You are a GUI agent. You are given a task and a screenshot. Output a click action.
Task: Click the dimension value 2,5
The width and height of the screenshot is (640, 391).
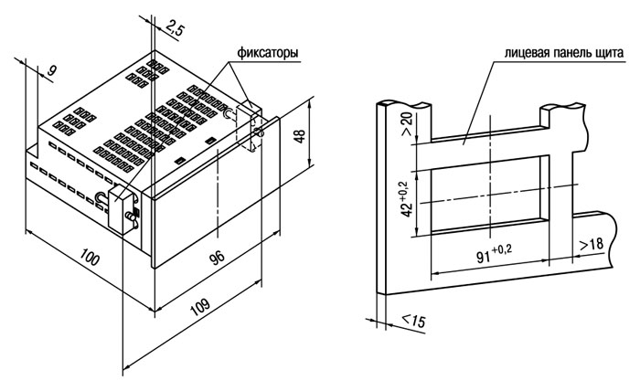(176, 30)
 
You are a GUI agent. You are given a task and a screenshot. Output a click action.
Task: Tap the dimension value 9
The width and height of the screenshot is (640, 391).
(51, 70)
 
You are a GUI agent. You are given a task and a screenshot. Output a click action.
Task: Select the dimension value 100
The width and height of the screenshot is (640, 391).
(90, 257)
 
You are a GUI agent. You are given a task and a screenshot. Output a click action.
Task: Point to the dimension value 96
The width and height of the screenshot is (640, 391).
(218, 258)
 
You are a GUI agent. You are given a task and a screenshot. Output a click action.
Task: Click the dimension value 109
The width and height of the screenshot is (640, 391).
(200, 307)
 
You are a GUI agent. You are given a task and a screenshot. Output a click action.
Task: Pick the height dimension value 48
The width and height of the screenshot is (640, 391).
(300, 136)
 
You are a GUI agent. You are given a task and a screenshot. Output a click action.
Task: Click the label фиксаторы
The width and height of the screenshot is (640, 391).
(268, 53)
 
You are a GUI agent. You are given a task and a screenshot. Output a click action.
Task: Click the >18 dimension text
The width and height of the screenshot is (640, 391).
(591, 244)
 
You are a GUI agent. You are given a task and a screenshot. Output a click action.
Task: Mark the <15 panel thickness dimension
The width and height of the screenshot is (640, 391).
(413, 321)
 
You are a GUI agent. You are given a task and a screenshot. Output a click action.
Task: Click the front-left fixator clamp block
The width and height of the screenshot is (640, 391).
(121, 209)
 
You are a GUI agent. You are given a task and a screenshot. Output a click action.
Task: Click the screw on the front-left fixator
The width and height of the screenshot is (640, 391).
(130, 217)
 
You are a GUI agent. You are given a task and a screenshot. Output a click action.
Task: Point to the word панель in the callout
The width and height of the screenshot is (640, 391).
(571, 53)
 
